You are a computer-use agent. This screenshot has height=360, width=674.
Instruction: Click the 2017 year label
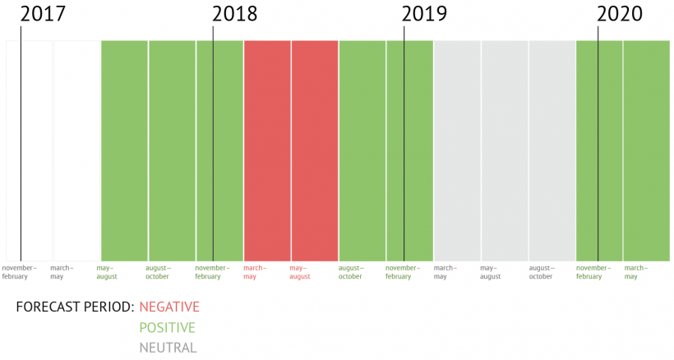click(43, 14)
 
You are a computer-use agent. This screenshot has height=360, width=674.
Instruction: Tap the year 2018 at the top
click(234, 14)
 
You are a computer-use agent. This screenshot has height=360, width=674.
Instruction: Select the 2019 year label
click(424, 14)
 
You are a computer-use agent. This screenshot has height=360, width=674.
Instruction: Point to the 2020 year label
click(620, 14)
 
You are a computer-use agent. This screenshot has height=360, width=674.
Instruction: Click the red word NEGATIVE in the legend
click(169, 307)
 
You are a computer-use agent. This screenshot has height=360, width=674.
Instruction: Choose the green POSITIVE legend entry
click(167, 328)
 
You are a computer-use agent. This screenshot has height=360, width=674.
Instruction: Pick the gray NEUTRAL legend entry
click(168, 348)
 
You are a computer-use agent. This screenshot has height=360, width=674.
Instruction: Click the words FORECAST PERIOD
click(75, 307)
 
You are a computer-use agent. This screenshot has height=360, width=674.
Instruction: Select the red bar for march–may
click(267, 150)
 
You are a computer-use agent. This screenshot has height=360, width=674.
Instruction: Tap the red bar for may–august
click(315, 150)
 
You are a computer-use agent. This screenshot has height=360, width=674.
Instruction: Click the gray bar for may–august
click(505, 150)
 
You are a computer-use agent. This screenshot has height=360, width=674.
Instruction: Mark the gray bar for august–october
click(552, 150)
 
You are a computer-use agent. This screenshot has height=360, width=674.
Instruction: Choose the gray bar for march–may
click(457, 150)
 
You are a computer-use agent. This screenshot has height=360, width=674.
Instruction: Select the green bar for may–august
click(124, 150)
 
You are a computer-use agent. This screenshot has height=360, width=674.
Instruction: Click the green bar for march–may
click(647, 150)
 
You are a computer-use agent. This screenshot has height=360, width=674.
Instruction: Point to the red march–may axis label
click(255, 272)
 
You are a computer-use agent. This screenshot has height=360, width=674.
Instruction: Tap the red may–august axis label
click(300, 272)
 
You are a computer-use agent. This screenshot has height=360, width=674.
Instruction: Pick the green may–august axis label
click(107, 272)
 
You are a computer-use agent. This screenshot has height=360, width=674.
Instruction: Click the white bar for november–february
click(29, 150)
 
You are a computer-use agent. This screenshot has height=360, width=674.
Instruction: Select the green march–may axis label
click(636, 272)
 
